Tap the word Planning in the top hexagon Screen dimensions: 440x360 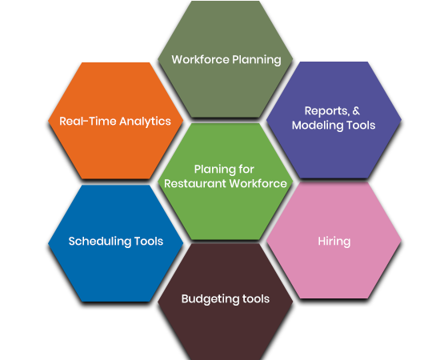coord(257,60)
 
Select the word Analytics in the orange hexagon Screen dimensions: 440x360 coord(145,122)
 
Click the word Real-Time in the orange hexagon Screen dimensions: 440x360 coord(88,122)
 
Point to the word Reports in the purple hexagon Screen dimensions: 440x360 coord(326,111)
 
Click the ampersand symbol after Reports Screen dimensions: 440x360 coord(356,110)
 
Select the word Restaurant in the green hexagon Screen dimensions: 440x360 coord(195,183)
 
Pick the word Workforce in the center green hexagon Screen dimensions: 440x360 coord(258,183)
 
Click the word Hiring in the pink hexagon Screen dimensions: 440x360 coord(334,242)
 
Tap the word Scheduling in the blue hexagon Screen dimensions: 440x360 coord(100,242)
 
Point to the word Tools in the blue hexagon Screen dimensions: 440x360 coord(149,242)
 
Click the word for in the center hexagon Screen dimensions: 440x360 coord(246,169)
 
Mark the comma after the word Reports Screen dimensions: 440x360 coord(349,114)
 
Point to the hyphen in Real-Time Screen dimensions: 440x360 coord(86,122)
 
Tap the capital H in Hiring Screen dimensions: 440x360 coord(322,242)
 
